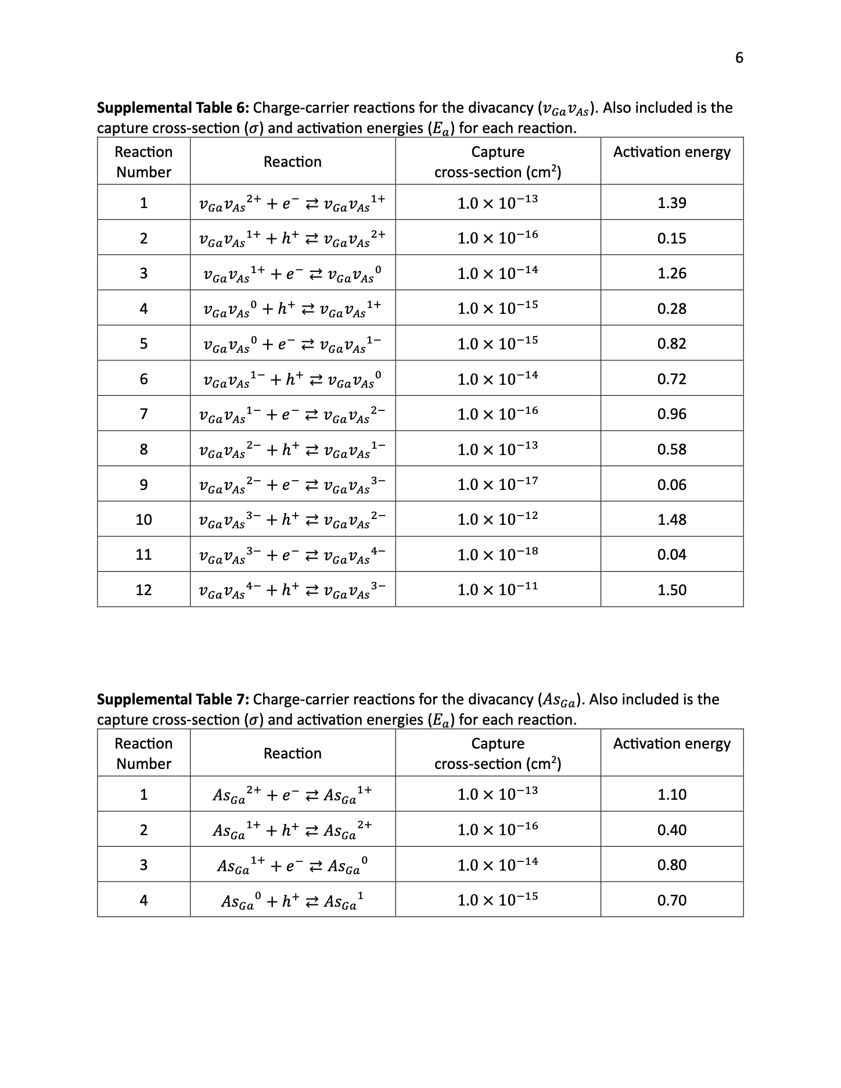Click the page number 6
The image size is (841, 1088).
tap(739, 58)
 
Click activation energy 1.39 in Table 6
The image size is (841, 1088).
tap(671, 203)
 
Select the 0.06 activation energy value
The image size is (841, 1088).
tap(671, 485)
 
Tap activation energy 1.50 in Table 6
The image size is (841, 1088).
tap(671, 590)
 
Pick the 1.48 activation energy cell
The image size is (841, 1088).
tap(671, 520)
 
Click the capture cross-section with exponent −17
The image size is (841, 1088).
tap(497, 484)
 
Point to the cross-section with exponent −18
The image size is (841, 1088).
tap(497, 554)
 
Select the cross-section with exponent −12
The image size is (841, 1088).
tap(497, 519)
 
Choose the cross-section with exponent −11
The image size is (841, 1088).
tap(497, 589)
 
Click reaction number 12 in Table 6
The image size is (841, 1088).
tap(143, 590)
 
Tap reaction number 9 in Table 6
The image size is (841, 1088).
tap(143, 485)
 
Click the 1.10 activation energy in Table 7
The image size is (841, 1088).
tap(671, 794)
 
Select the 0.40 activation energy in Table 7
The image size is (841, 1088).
tap(671, 830)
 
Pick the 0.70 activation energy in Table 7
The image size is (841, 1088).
tap(671, 900)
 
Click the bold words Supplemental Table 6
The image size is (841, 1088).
tap(173, 108)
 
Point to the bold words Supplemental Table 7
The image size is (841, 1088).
tap(173, 699)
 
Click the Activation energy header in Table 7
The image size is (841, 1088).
tap(671, 744)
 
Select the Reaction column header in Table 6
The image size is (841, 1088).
tap(292, 162)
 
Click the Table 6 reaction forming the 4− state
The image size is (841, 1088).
tap(292, 555)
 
